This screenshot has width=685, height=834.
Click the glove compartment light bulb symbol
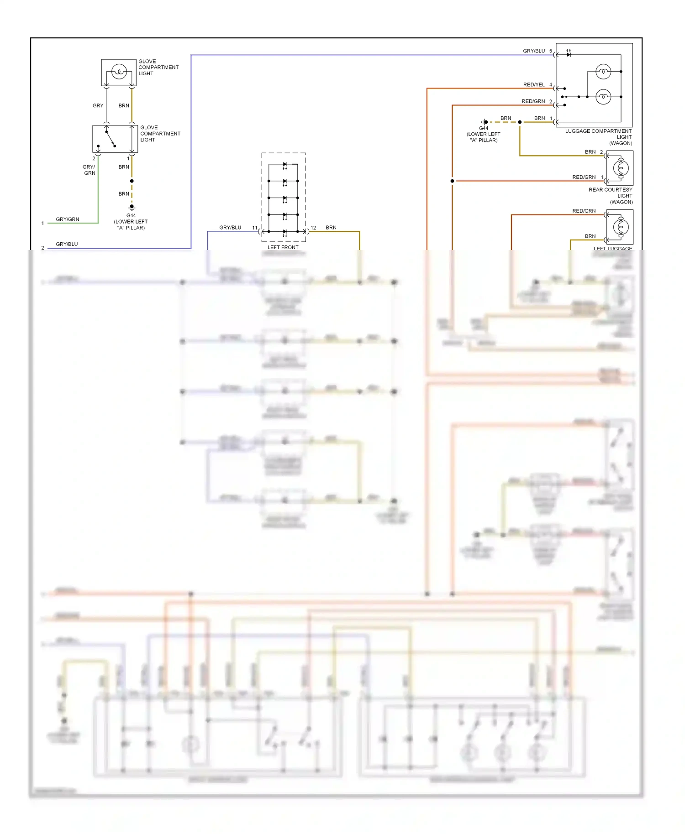pos(119,72)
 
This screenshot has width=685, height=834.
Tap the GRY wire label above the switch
pos(98,105)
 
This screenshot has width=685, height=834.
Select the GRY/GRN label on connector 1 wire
pos(67,219)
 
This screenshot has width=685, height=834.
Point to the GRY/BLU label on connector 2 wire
pos(67,244)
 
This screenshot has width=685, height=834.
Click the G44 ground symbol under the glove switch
pos(132,207)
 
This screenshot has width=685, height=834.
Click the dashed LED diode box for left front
pos(284,197)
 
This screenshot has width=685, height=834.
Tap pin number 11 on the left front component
pos(255,228)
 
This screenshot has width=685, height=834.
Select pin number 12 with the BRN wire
pos(313,228)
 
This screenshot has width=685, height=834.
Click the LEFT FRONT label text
pos(283,247)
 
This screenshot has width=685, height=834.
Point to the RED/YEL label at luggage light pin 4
pos(534,85)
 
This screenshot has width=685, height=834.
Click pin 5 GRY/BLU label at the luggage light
pos(534,51)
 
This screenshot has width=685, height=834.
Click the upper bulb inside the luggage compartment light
pos(603,72)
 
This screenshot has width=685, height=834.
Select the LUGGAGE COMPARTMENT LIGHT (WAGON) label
pos(598,137)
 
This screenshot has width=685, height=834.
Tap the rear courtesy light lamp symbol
pos(620,168)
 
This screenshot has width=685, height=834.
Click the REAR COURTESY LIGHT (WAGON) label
pos(611,196)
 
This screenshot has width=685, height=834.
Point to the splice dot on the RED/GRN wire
pos(452,181)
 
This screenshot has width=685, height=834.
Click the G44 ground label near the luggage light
pos(484,129)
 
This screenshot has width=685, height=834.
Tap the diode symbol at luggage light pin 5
pos(569,55)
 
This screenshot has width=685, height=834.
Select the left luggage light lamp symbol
pos(620,227)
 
